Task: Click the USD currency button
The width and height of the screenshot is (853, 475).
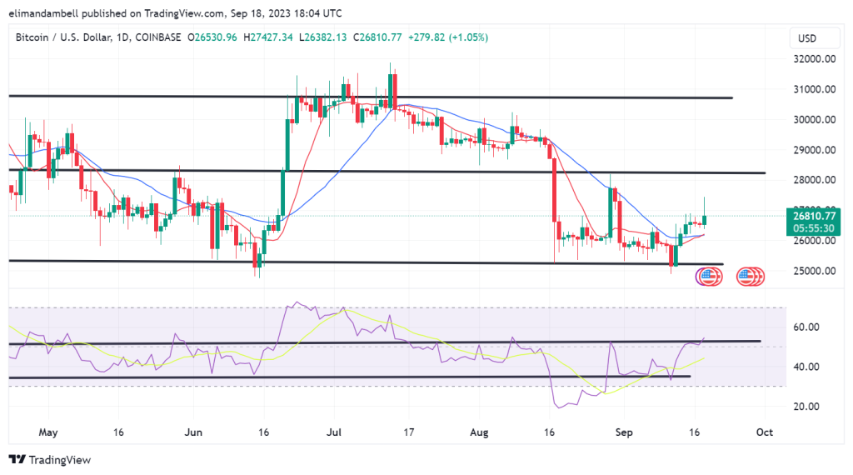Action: (806, 38)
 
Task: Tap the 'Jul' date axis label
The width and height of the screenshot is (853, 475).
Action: (335, 433)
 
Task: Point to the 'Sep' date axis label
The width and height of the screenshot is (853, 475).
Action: (623, 433)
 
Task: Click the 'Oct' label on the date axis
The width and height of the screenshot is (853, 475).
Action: (765, 433)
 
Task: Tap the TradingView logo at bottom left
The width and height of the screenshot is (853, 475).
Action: (50, 460)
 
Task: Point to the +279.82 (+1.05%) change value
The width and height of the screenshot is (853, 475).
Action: (451, 37)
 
